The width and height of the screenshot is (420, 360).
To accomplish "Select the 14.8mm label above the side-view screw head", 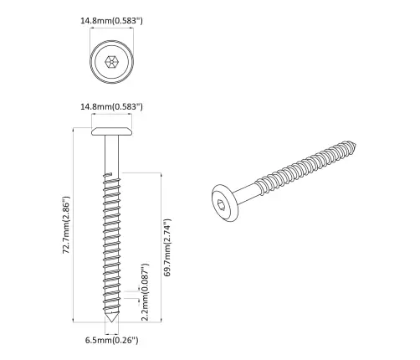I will (111, 106).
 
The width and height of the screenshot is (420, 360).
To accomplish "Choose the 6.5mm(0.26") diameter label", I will (111, 340).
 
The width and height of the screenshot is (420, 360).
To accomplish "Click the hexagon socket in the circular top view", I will (111, 62).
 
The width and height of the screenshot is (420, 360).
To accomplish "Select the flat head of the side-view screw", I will (111, 131).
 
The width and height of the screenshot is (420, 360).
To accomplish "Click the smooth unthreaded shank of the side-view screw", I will (111, 155).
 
